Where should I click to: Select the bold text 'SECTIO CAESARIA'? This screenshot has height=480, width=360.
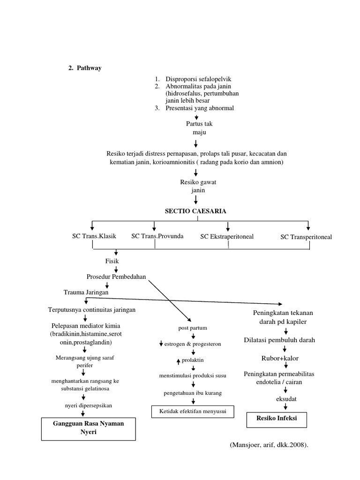coord(195,211)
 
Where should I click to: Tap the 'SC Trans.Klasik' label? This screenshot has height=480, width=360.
coord(92,236)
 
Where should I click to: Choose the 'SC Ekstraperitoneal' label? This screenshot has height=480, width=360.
coord(227,236)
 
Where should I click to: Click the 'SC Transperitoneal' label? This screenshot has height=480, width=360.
coord(306,237)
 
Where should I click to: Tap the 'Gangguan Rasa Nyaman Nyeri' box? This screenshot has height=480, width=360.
coord(88,427)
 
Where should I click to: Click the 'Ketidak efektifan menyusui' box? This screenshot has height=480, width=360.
coord(192,412)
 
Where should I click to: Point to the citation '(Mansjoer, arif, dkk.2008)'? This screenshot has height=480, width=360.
coord(269,445)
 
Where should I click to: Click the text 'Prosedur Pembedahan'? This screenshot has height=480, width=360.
coord(116,277)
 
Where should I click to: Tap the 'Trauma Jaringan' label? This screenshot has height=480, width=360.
coord(86,292)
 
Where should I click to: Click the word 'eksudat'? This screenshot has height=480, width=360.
coord(285,398)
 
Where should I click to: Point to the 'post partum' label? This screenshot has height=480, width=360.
coord(192,328)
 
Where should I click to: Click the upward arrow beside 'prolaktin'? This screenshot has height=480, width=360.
coord(178,360)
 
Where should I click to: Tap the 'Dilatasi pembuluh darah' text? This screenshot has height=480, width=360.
coord(286,340)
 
